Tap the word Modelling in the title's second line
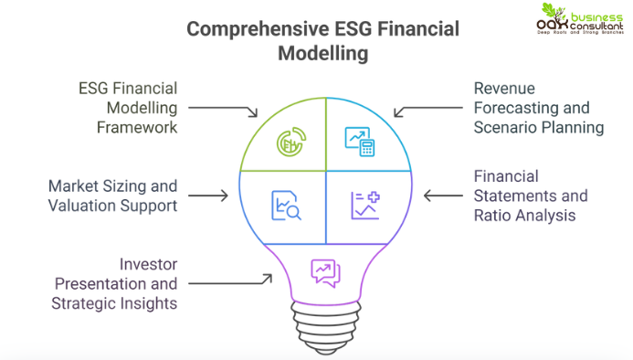pos(323,53)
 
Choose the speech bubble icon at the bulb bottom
pos(325,270)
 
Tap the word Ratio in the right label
pos(494,216)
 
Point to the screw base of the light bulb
pos(325,322)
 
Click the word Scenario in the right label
pos(504,127)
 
